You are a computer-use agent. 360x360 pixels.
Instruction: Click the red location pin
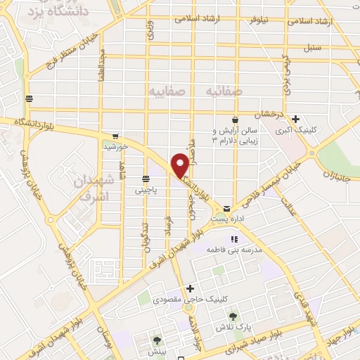[x=180, y=165]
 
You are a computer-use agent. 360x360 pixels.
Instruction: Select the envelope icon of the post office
[x=227, y=209]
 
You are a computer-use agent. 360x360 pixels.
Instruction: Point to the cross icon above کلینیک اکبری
[x=296, y=119]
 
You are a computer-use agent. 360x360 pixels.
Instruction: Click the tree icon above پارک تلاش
[x=233, y=316]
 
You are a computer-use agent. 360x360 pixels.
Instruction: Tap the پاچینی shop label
[x=147, y=190]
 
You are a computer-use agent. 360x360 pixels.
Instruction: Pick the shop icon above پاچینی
[x=146, y=179]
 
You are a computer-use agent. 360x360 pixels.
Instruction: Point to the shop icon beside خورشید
[x=115, y=136]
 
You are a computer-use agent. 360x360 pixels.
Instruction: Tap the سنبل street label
[x=311, y=49]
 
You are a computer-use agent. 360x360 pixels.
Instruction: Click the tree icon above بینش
[x=156, y=340]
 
